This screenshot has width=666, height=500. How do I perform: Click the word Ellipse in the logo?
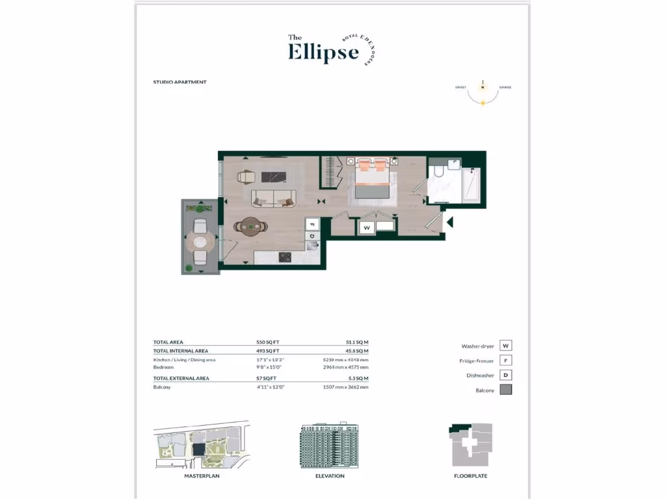323,51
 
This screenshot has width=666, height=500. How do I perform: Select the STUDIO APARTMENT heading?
180,83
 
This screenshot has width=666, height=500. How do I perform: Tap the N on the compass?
483,87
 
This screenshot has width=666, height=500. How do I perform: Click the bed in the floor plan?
371,181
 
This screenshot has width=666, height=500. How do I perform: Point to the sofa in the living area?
273,197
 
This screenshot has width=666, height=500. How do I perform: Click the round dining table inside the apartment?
250,227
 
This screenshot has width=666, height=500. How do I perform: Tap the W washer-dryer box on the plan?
367,228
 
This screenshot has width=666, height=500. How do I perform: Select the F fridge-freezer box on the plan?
312,223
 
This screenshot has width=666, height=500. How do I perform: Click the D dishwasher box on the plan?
312,236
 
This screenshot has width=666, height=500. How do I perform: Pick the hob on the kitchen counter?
285,257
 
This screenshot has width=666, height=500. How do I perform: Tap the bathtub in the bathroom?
470,186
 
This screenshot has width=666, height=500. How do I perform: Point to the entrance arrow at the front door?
449,223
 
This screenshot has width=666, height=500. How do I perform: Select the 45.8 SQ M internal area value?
357,351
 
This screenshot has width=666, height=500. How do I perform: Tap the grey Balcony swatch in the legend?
506,390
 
